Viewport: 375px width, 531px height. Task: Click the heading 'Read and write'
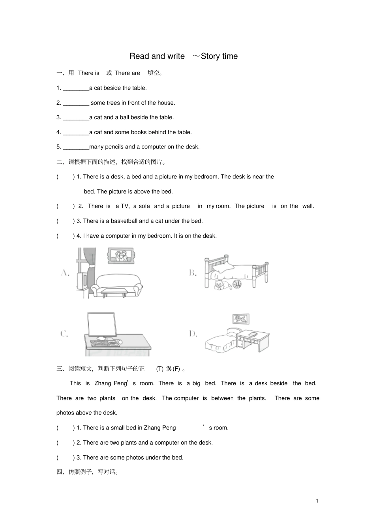[x=157, y=56]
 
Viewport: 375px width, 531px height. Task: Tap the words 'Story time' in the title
[x=219, y=56]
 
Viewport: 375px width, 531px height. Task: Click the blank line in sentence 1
[x=76, y=88]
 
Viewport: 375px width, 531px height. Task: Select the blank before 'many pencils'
[x=76, y=147]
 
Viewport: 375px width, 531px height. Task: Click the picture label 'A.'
[x=66, y=273]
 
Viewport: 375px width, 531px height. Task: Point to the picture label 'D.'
[x=193, y=334]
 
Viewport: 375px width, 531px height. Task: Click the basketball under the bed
[x=237, y=284]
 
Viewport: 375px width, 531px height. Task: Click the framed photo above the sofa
[x=121, y=256]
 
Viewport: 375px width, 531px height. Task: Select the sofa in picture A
[x=117, y=283]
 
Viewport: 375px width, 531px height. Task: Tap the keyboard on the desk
[x=102, y=343]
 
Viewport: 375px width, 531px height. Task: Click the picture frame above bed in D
[x=240, y=319]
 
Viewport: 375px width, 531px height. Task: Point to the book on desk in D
[x=253, y=334]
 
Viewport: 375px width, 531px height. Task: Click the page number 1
[x=317, y=501]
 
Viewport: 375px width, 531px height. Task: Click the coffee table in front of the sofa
[x=114, y=292]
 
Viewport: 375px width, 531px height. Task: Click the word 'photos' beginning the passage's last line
[x=65, y=413]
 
